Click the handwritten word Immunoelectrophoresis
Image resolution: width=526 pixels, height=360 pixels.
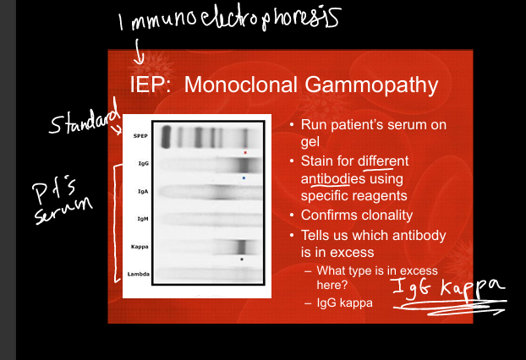(230, 18)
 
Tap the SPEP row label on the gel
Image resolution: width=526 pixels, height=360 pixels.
(140, 136)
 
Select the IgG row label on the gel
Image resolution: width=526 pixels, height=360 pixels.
(143, 164)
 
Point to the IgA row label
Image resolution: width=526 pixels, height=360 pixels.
(143, 191)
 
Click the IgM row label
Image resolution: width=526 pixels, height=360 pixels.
(143, 219)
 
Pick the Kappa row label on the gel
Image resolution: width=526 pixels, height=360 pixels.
(140, 247)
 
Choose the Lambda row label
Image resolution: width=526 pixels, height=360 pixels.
(138, 274)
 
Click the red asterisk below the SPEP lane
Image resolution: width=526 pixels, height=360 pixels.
(245, 152)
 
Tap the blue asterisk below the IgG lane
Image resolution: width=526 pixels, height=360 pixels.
(244, 178)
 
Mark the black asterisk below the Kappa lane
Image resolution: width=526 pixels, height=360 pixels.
(242, 259)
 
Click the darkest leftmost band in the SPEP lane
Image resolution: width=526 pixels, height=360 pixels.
(166, 136)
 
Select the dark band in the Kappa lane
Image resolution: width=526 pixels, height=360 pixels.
(242, 248)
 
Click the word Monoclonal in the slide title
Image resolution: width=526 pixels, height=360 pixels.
(240, 85)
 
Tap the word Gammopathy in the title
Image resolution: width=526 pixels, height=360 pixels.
(371, 86)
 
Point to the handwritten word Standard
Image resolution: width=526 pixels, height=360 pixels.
(85, 118)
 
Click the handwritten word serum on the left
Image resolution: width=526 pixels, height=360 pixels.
(63, 210)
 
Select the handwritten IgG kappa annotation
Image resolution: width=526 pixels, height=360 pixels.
(448, 287)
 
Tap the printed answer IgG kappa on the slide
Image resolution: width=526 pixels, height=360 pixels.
(345, 303)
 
